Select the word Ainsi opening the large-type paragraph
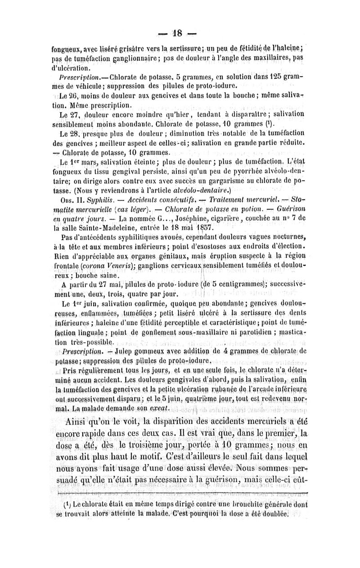79,422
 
